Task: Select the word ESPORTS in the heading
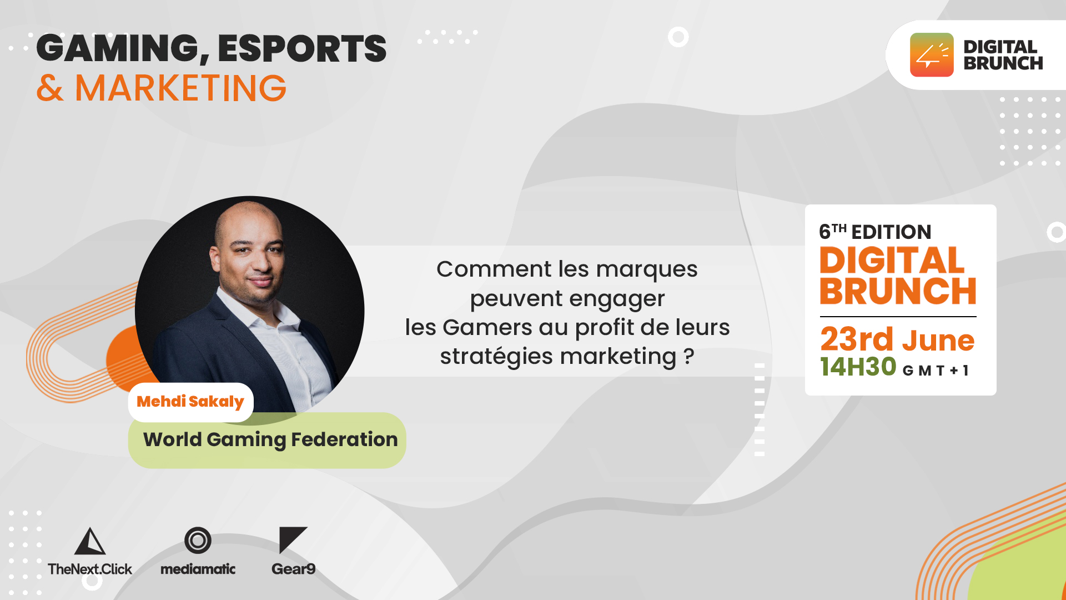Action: (302, 48)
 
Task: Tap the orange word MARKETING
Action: (180, 88)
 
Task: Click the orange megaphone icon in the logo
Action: (932, 54)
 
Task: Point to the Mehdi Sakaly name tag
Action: (190, 402)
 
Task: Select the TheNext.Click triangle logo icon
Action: (90, 541)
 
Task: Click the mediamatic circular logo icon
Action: (198, 540)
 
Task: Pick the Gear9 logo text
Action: (294, 569)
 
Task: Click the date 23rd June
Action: (897, 339)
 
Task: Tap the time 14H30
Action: (858, 367)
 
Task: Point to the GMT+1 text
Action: (936, 371)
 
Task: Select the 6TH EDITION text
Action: (875, 232)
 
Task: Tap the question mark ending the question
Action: (689, 356)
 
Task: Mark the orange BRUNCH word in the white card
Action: (898, 291)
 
